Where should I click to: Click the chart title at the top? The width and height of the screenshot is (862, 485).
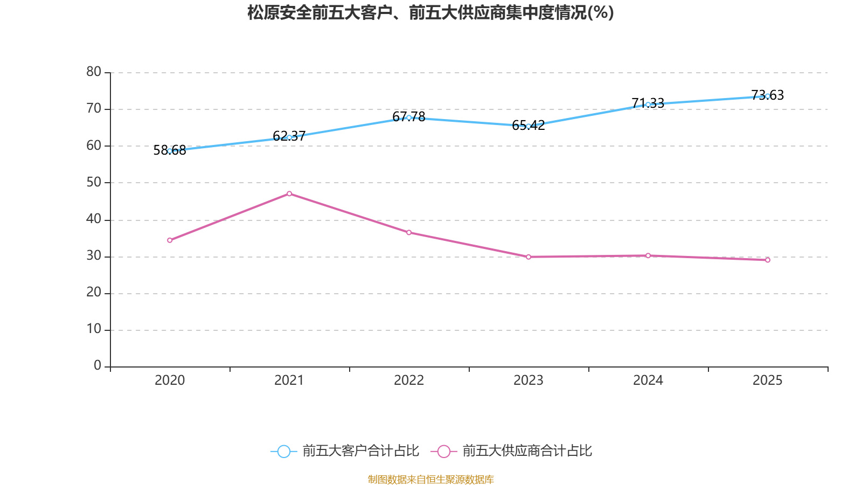[x=430, y=12]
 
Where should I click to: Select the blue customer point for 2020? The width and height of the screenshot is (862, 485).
[x=170, y=151]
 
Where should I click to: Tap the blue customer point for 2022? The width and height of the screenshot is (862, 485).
[x=409, y=117]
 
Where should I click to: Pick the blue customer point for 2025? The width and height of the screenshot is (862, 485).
[x=768, y=96]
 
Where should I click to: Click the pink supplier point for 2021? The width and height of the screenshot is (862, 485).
[x=289, y=193]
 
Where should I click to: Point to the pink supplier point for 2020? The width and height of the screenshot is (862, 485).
[x=170, y=240]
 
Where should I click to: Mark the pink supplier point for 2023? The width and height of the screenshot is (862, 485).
[x=529, y=257]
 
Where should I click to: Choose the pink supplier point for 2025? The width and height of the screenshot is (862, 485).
[x=768, y=260]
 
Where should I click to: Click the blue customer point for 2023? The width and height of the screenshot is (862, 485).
[x=529, y=126]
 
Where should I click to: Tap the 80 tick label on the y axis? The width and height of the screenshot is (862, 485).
[x=94, y=72]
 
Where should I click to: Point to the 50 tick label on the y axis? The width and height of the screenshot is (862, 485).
[x=94, y=182]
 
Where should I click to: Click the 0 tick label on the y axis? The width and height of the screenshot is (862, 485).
[x=98, y=366]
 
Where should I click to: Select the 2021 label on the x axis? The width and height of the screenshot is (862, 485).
[x=289, y=380]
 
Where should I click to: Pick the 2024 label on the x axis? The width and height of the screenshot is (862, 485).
[x=648, y=380]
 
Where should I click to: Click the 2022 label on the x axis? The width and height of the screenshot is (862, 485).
[x=409, y=380]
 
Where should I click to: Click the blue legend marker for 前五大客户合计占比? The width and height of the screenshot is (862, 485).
[x=283, y=451]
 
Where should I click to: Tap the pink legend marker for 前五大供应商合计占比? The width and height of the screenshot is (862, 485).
[x=443, y=451]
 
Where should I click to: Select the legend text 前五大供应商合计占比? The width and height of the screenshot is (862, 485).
[x=527, y=451]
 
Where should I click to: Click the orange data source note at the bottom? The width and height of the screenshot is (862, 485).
[x=430, y=479]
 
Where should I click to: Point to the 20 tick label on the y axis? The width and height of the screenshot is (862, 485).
[x=94, y=292]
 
